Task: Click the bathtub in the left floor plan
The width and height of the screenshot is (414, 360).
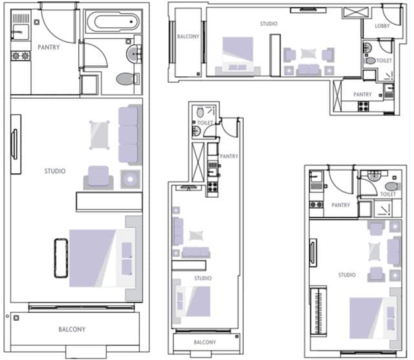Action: tap(113, 21)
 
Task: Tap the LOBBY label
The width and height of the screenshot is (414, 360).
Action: tap(382, 26)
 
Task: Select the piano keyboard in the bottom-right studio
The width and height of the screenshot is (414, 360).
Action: tap(319, 310)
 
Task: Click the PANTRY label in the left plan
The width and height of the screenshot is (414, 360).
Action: tap(49, 47)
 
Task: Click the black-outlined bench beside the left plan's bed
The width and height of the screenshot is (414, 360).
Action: tap(61, 258)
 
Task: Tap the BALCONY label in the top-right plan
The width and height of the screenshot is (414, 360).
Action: tap(188, 36)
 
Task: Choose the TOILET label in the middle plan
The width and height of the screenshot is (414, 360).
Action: tap(205, 123)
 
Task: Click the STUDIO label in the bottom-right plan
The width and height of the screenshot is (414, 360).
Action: tap(347, 275)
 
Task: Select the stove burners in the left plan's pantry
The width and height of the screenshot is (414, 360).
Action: tap(21, 56)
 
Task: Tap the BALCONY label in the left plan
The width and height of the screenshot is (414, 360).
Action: tap(72, 329)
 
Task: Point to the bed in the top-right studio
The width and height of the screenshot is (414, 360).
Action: tap(237, 56)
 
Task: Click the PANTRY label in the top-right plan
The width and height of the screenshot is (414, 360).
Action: tap(362, 94)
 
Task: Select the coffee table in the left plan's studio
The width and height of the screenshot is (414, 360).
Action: tap(99, 135)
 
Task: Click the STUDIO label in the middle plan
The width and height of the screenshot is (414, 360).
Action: tap(202, 278)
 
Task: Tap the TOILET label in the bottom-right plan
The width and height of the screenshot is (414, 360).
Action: tap(388, 194)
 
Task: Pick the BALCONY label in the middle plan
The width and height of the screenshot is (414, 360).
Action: tap(205, 342)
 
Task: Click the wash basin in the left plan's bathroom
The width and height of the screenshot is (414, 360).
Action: tap(134, 54)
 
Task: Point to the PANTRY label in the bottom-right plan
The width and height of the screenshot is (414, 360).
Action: tap(341, 205)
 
